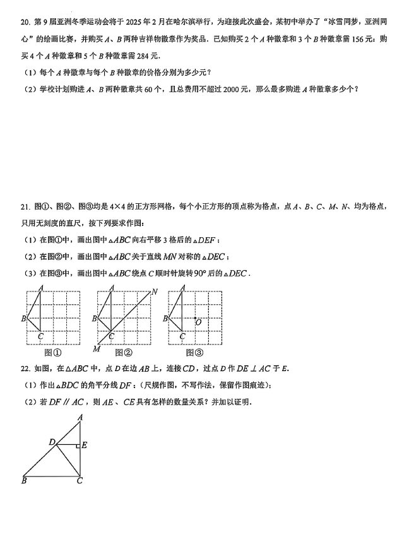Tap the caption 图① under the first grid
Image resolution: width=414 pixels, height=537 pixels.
53,353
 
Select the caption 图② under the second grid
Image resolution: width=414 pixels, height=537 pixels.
124,353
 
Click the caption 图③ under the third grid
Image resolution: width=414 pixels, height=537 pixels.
195,353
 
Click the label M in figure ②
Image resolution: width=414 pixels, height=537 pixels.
97,349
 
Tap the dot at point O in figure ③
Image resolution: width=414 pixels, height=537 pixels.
196,318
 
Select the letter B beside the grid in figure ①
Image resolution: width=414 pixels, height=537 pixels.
23,319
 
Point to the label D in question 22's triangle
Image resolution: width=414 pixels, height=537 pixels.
52,442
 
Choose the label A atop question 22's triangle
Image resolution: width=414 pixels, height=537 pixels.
80,417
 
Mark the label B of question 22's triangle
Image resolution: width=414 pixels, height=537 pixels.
24,481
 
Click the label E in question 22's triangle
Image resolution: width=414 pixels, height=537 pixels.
85,445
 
